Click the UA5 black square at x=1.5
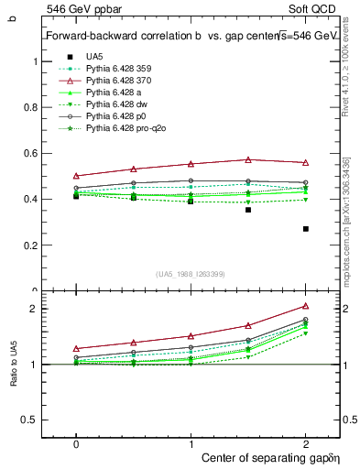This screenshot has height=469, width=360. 248,210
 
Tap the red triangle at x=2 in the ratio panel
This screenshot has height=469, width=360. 306,306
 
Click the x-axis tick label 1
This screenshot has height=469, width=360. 191,442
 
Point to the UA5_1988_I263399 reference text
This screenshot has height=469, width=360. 191,273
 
